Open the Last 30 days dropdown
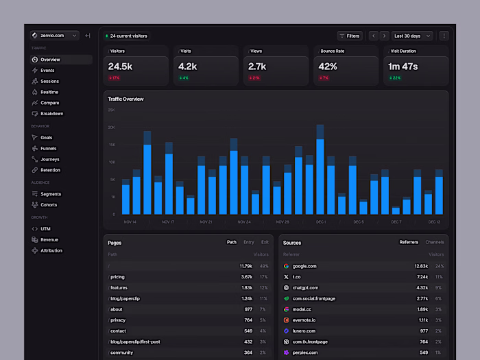click(413, 36)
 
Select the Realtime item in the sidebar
click(49, 92)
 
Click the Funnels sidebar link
click(49, 148)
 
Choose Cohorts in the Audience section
click(49, 205)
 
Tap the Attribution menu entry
click(51, 250)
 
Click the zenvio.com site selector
click(54, 36)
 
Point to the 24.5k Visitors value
click(120, 67)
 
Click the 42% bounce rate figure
click(328, 67)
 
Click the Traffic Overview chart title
click(125, 99)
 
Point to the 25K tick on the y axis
click(111, 110)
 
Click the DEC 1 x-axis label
click(321, 222)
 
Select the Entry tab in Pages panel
click(248, 242)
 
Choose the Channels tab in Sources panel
click(435, 242)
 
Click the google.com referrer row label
click(304, 266)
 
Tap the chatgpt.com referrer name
click(306, 288)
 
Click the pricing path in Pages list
click(119, 277)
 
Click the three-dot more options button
click(444, 36)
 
